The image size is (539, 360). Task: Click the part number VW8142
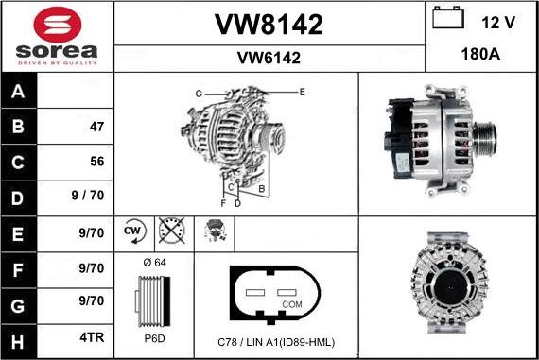click(269, 26)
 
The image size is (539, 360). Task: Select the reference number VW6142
click(269, 58)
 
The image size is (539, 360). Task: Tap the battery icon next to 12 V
click(447, 19)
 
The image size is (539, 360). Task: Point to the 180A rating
click(481, 55)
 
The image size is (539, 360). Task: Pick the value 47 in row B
click(96, 126)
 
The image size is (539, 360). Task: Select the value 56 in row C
click(96, 161)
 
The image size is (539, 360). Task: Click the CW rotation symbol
click(132, 231)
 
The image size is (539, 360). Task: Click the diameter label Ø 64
click(153, 262)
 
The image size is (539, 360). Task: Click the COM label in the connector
click(292, 304)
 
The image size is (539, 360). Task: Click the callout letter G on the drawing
click(199, 94)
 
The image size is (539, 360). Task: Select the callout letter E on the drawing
click(302, 92)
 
